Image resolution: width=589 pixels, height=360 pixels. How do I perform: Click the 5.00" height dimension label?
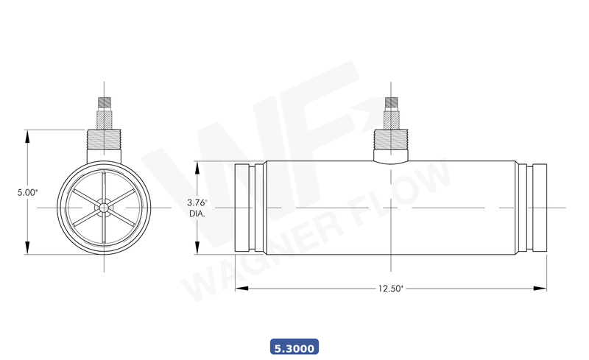coord(27,192)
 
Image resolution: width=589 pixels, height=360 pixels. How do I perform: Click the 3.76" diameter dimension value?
coord(197,202)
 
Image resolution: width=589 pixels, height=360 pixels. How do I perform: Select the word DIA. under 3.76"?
coord(197,213)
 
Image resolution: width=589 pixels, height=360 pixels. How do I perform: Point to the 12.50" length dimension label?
coord(390,289)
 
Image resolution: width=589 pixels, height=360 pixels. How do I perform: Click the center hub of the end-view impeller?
coord(105,208)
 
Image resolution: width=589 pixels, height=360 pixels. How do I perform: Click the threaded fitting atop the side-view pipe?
coord(390,138)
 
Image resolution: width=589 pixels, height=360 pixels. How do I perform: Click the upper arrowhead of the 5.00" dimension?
coord(27,135)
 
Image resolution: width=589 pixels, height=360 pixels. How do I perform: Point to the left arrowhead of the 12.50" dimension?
coord(239,289)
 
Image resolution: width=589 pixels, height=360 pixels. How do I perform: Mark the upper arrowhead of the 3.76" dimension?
coord(197,166)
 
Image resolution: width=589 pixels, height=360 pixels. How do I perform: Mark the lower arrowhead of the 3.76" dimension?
coord(197,250)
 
